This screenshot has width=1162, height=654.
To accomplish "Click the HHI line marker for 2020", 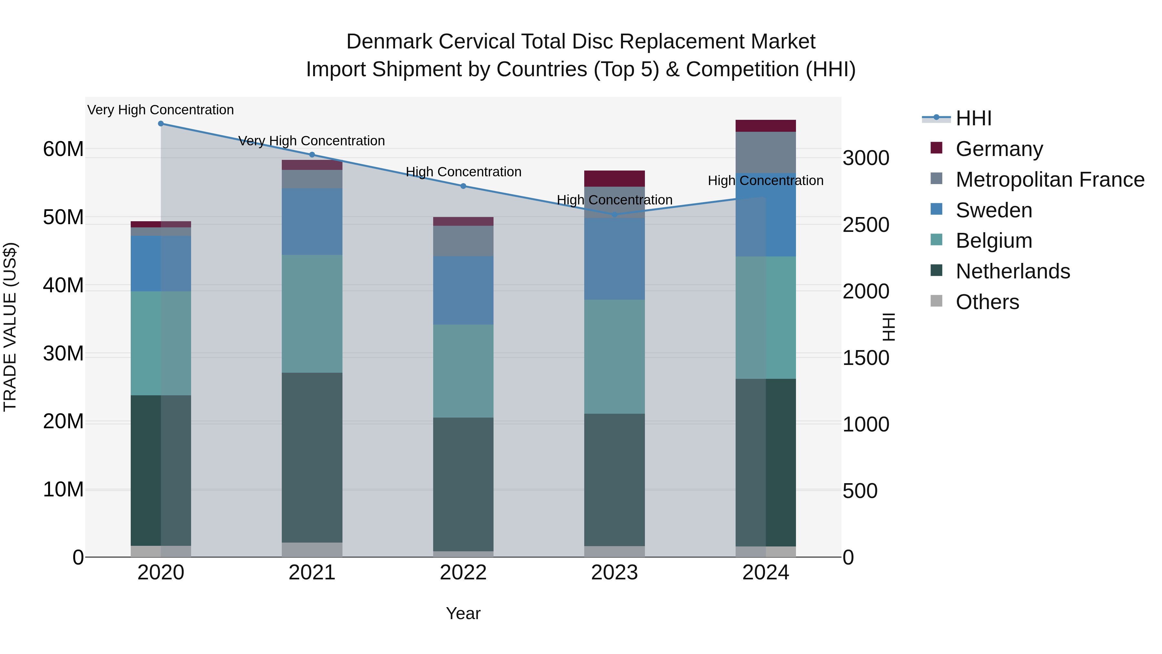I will pyautogui.click(x=161, y=124).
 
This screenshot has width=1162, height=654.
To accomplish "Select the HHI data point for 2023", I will pyautogui.click(x=614, y=214).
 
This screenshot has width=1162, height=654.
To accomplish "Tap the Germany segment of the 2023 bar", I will pyautogui.click(x=614, y=179).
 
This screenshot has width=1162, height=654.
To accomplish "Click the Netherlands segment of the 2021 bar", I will pyautogui.click(x=312, y=457).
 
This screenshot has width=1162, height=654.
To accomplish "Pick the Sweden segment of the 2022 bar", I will pyautogui.click(x=463, y=290).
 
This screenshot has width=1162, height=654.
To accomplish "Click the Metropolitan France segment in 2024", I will pyautogui.click(x=766, y=152).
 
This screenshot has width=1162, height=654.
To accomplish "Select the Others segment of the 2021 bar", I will pyautogui.click(x=312, y=550).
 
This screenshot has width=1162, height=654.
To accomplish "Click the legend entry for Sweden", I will pyautogui.click(x=994, y=210).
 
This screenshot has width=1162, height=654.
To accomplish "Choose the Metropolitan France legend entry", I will pyautogui.click(x=1050, y=180).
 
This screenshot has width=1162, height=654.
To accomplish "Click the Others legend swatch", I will pyautogui.click(x=936, y=301).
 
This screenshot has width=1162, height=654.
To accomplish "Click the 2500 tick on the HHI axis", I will pyautogui.click(x=866, y=225).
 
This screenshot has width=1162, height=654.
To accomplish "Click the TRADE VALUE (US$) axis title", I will pyautogui.click(x=10, y=327).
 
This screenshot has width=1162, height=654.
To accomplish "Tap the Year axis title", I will pyautogui.click(x=463, y=614).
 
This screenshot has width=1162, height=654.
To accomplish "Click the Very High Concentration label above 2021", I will pyautogui.click(x=312, y=141).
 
